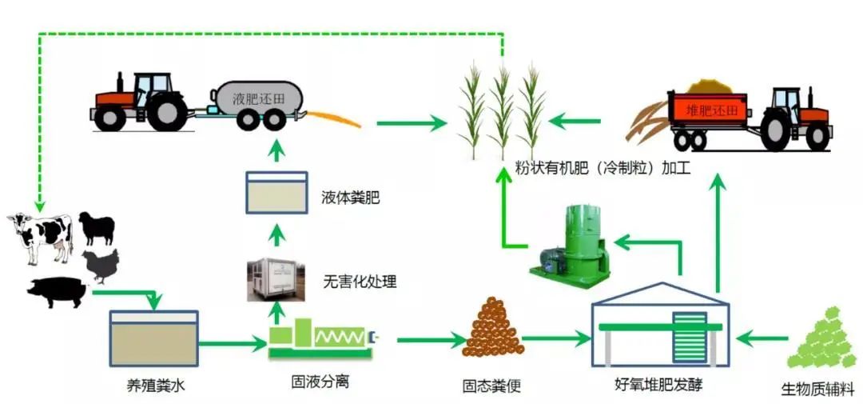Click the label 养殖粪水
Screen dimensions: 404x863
(153, 386)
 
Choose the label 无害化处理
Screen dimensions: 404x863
(360, 282)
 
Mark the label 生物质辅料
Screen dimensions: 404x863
(817, 391)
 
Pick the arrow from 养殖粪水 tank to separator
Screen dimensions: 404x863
(232, 345)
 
